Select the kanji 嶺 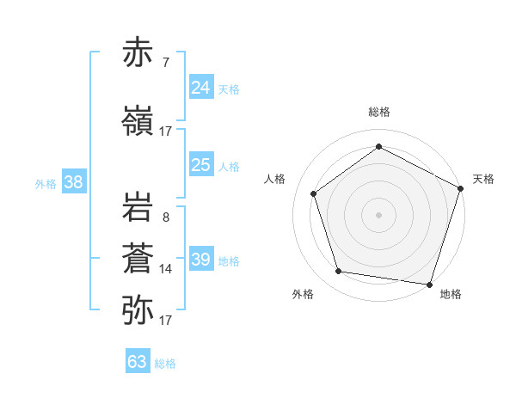click(138, 120)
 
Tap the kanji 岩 click(138, 207)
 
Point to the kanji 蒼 click(138, 258)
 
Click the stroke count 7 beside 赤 click(165, 63)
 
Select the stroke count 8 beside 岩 click(165, 217)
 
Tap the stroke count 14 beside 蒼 click(166, 269)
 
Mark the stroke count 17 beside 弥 click(166, 321)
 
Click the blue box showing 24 click(201, 88)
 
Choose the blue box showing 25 click(201, 165)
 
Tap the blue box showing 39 click(201, 260)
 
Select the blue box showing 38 click(74, 182)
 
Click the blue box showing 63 click(138, 362)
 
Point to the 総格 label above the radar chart click(378, 112)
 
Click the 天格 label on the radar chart click(483, 179)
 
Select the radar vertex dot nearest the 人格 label click(314, 193)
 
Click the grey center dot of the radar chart click(378, 214)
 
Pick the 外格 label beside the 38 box click(46, 183)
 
